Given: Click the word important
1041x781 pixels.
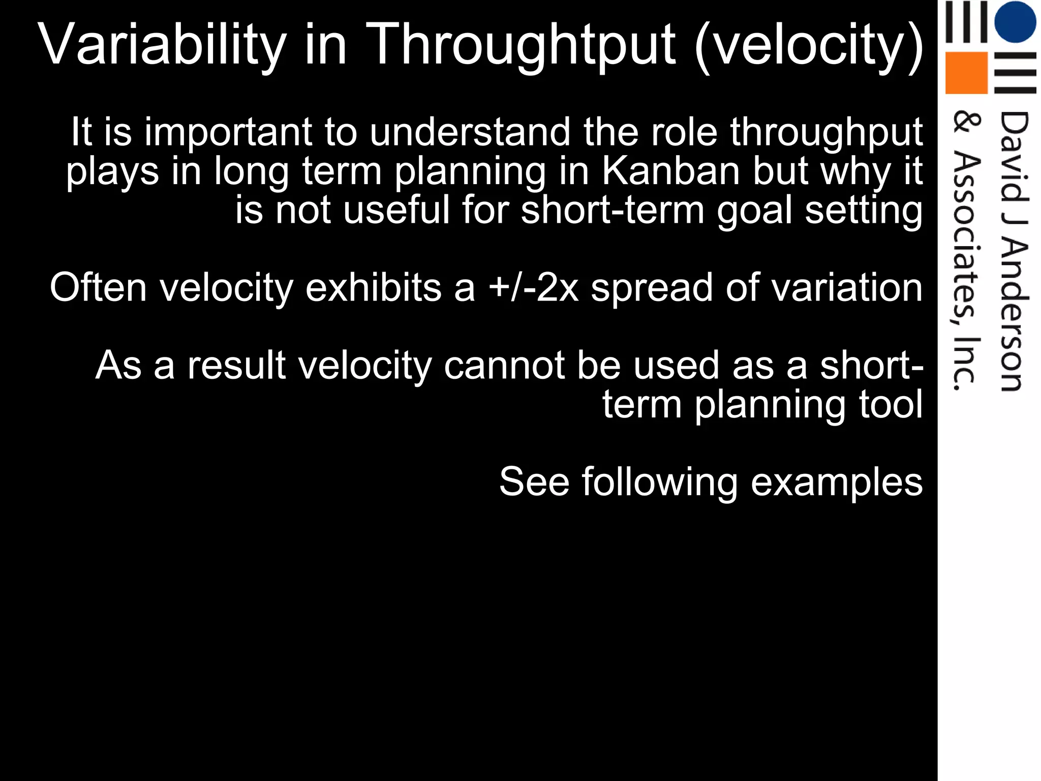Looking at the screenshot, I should pyautogui.click(x=228, y=132).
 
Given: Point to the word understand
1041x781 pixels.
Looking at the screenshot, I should pyautogui.click(x=470, y=132).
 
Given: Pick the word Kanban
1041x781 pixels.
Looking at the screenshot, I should pyautogui.click(x=670, y=171).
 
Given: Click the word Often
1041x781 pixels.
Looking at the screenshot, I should pyautogui.click(x=98, y=288).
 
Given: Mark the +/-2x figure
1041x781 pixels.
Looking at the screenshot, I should pyautogui.click(x=533, y=288).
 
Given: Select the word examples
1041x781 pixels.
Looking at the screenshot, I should pyautogui.click(x=836, y=483).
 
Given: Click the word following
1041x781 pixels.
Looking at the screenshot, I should pyautogui.click(x=660, y=483).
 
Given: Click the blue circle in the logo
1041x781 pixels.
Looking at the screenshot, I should pyautogui.click(x=1015, y=22).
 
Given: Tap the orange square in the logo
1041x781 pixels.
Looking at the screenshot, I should pyautogui.click(x=966, y=73).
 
